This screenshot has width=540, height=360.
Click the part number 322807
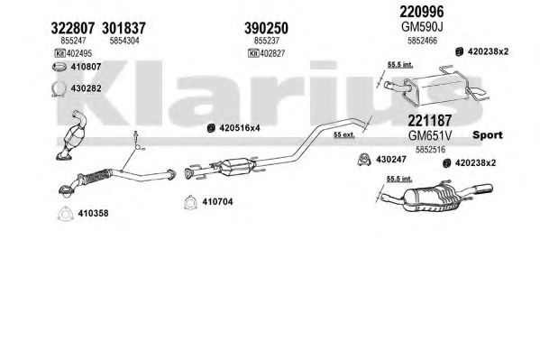[x=73, y=28]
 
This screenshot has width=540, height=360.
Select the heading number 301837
[x=124, y=28]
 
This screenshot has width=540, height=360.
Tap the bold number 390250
[x=266, y=28]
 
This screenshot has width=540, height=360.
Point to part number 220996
[x=422, y=12]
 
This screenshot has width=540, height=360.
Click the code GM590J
[x=422, y=26]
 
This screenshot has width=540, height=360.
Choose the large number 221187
[x=429, y=121]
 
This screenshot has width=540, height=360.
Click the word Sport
[x=488, y=134]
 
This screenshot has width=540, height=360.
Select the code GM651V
[x=429, y=135]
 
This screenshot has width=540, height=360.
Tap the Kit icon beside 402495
[x=59, y=53]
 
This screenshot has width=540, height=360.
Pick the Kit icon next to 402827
[x=253, y=53]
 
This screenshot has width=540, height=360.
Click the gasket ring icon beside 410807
[x=59, y=67]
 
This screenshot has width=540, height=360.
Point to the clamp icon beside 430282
[x=59, y=88]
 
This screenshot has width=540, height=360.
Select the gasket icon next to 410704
[x=189, y=202]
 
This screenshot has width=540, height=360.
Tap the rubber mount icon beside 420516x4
[x=211, y=128]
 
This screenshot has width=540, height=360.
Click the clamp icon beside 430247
[x=364, y=159]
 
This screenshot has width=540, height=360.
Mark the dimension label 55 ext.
[x=343, y=134]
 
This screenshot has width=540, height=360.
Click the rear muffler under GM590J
[x=435, y=87]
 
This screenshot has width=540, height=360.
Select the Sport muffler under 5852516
[x=436, y=197]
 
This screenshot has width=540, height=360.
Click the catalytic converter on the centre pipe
[x=236, y=167]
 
